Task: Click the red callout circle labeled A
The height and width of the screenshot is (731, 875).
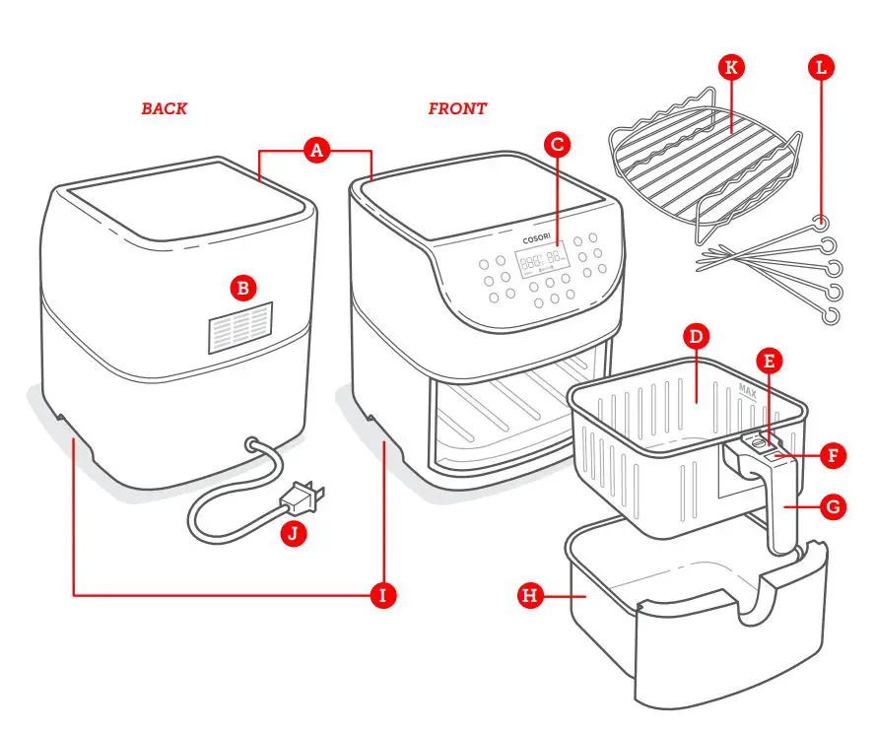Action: tap(315, 151)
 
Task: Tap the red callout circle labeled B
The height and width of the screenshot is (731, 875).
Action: tap(242, 288)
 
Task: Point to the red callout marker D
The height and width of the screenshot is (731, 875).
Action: tap(696, 336)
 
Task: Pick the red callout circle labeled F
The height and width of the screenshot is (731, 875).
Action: tap(833, 456)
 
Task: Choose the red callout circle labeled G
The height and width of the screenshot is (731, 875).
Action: tap(833, 508)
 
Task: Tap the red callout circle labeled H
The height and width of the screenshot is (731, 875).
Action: tap(531, 595)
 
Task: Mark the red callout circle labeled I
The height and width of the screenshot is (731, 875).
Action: tap(382, 595)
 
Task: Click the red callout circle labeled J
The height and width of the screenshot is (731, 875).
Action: tap(293, 534)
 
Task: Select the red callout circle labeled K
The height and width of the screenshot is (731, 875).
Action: tap(730, 68)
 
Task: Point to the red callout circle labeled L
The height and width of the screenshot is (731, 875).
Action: tap(820, 68)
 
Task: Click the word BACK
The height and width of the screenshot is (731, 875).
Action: tap(164, 109)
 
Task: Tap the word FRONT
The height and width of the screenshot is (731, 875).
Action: tap(457, 109)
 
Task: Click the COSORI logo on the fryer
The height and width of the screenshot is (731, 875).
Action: tap(538, 239)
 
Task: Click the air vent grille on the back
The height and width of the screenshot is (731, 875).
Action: tap(240, 328)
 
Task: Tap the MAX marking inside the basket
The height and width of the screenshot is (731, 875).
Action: tap(747, 389)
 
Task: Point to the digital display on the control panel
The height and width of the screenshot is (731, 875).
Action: tap(543, 261)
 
